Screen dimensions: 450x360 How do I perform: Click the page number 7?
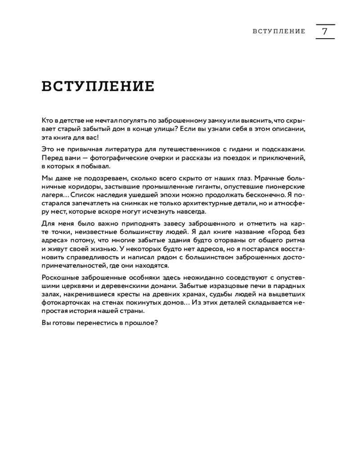(x=325, y=31)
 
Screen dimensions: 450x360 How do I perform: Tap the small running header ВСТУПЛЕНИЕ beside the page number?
(x=279, y=31)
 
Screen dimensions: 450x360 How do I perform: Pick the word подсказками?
(x=286, y=149)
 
